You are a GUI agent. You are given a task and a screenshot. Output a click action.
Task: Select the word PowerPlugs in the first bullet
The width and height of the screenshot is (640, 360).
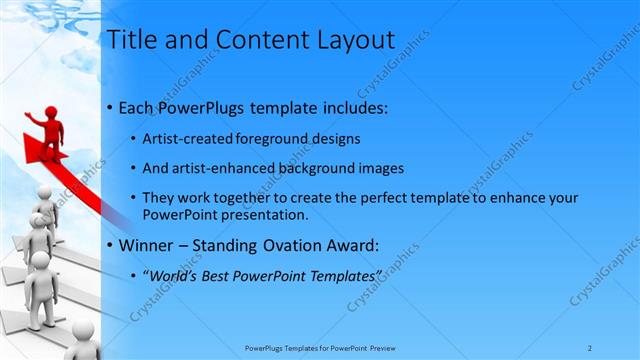(206, 107)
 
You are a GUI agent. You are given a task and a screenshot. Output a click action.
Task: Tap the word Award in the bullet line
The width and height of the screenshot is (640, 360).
(361, 245)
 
